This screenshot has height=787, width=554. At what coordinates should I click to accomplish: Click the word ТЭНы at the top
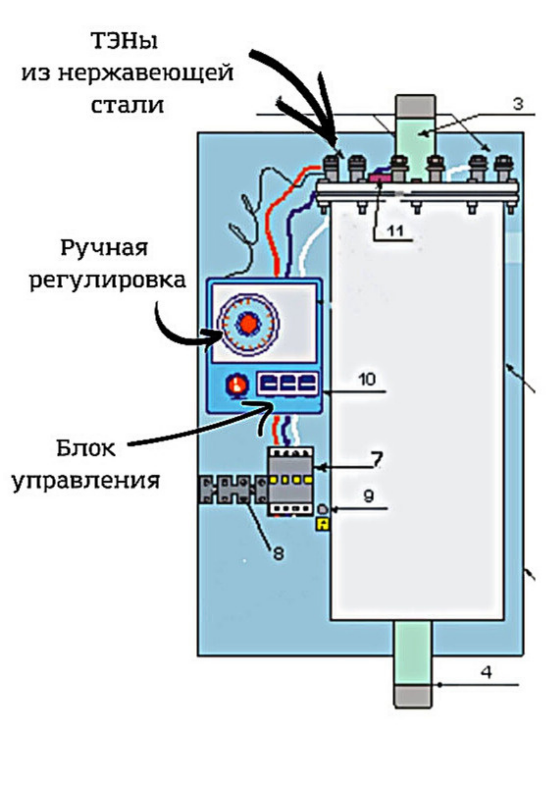tap(125, 41)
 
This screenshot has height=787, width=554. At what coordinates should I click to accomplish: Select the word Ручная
tap(104, 248)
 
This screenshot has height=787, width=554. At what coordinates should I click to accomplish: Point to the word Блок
tap(86, 448)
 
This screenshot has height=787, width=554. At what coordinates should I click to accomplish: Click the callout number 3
tap(518, 104)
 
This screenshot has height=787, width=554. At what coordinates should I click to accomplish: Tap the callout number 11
tap(396, 231)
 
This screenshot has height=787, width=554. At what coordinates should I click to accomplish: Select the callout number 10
tap(367, 379)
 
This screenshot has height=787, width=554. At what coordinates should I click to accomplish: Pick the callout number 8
tap(278, 554)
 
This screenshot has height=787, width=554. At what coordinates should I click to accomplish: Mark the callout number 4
tap(486, 672)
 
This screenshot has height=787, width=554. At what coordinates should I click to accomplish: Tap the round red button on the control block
tap(236, 385)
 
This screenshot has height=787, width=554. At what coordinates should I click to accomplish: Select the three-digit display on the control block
tap(288, 384)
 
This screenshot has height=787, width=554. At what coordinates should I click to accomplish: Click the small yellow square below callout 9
tap(323, 524)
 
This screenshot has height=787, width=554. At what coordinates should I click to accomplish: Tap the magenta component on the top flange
tap(380, 178)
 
